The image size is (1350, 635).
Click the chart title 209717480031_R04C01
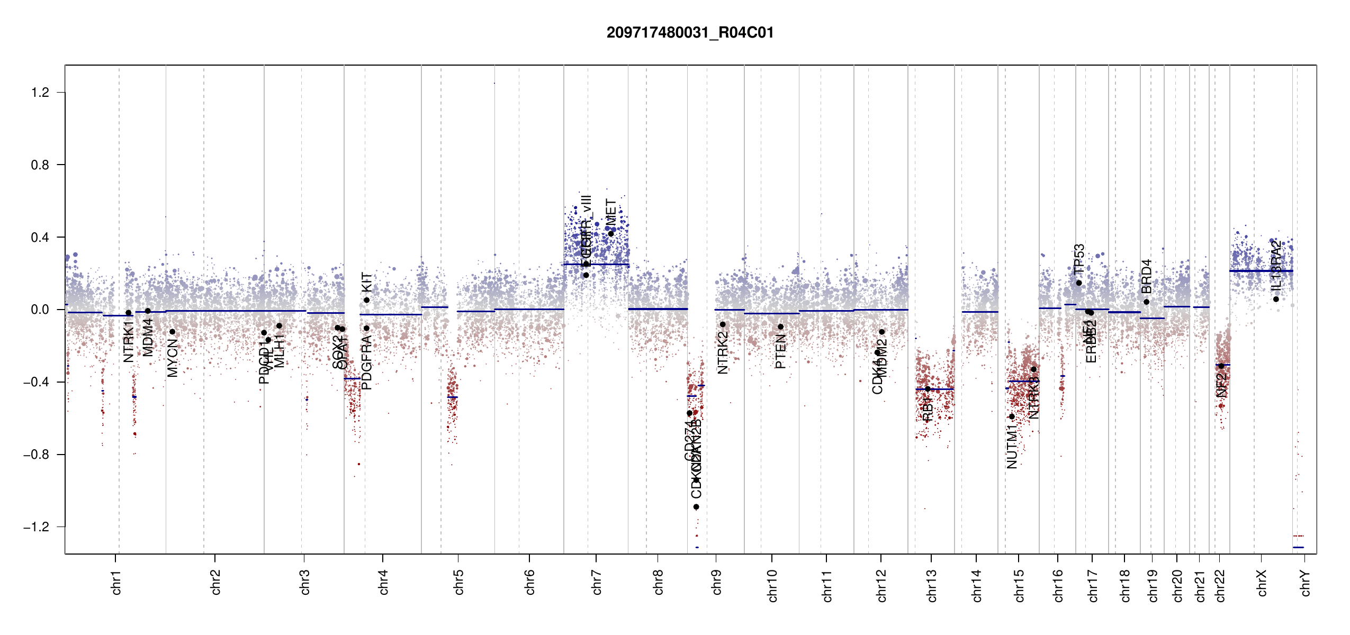(x=690, y=33)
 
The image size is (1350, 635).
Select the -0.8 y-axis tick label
(x=36, y=455)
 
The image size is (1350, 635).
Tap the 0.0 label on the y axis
(x=40, y=310)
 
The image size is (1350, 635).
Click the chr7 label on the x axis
(x=597, y=582)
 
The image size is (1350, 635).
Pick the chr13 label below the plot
(x=931, y=585)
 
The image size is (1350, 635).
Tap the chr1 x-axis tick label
(x=116, y=582)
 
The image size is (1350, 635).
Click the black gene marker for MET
(x=610, y=234)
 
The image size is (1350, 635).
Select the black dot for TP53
(x=1079, y=283)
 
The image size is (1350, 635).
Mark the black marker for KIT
(x=366, y=300)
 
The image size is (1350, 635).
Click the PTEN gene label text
(x=780, y=351)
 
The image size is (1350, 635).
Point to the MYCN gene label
(x=173, y=358)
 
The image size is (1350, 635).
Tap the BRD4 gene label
(x=1146, y=276)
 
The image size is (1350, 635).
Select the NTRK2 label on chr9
(x=723, y=353)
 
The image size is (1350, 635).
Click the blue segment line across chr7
(x=596, y=265)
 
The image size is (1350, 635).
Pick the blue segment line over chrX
(x=1261, y=271)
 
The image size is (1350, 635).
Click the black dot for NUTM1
(x=1012, y=416)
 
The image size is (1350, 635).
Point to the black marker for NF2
(x=1221, y=366)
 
